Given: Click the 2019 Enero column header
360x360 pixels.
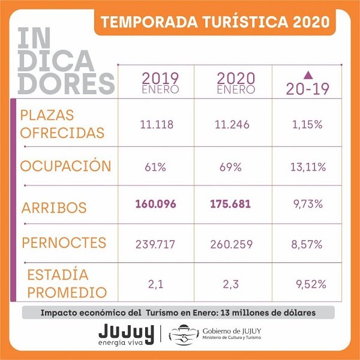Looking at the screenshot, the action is tap(160, 83).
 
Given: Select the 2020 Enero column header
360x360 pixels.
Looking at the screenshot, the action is tap(236, 83).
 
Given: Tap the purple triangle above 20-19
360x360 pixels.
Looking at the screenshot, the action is tap(308, 75).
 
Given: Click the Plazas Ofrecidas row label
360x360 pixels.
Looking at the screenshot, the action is tap(62, 124).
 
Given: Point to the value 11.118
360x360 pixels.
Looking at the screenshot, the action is tap(157, 125).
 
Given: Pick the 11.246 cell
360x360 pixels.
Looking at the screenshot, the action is tap(232, 125).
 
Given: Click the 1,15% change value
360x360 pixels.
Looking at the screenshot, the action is tap(307, 125).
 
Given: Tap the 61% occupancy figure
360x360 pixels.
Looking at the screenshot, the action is tap(155, 167).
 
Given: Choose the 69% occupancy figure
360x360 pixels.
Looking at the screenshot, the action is tap(230, 167).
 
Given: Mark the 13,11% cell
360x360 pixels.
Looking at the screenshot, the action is tap(308, 167).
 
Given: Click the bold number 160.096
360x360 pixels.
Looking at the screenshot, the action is tap(155, 204).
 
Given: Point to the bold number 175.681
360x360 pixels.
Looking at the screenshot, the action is tap(230, 204).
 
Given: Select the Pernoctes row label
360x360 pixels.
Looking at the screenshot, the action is tap(64, 242).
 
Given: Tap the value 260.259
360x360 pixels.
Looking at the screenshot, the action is tap(232, 244).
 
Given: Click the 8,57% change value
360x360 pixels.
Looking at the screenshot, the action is tap(307, 244).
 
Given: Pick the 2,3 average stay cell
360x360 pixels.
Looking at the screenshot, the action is tap(231, 284).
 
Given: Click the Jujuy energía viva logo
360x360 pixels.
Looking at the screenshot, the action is tap(126, 335).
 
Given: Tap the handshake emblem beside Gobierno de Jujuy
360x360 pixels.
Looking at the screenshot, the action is tap(184, 335).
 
